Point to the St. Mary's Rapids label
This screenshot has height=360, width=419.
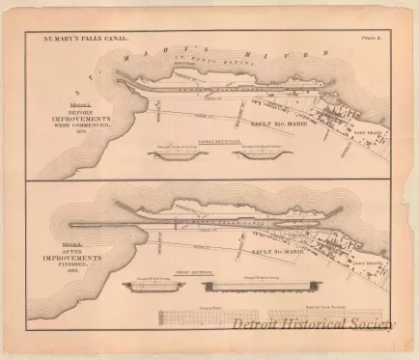pos(193,60)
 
